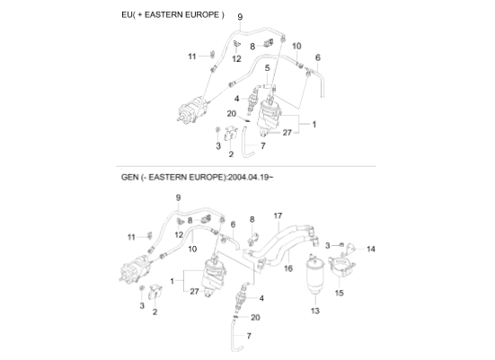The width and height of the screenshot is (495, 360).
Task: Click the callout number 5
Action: tap(267, 68)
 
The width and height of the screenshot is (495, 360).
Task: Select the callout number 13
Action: tap(315, 311)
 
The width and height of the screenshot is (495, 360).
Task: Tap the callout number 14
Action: tap(371, 249)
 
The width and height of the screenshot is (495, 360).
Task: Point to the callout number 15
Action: tap(339, 293)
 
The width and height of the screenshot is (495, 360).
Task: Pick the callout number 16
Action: tap(288, 268)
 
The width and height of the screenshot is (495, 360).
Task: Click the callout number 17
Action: tap(278, 215)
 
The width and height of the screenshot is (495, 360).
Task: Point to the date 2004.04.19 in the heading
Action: tap(249, 177)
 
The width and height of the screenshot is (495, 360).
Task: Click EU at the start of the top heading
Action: tap(127, 15)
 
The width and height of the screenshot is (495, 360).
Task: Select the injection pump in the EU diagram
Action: tap(193, 109)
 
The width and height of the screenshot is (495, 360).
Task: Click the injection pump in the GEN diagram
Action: tap(136, 269)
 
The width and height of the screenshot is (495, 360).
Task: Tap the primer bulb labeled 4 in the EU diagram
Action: tap(252, 101)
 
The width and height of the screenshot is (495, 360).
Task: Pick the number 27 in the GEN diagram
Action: tap(194, 292)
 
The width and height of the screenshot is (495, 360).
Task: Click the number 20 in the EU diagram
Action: tap(232, 114)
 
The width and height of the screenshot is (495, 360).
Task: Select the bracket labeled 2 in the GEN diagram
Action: tap(155, 292)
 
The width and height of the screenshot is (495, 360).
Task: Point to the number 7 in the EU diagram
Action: tap(263, 145)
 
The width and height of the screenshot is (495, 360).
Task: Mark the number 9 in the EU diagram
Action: tap(240, 17)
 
